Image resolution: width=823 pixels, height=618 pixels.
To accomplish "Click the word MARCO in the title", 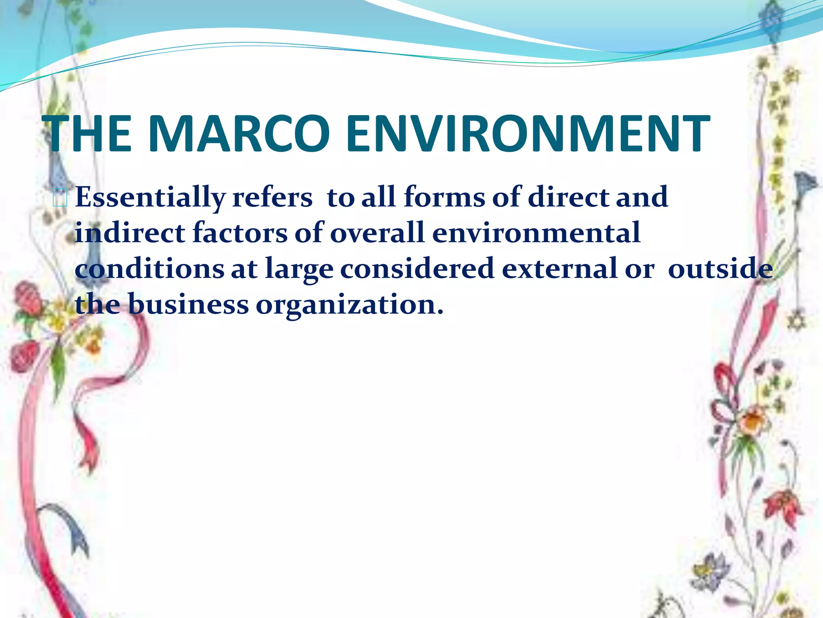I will [239, 134].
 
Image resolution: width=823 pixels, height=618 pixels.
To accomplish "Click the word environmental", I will [536, 233].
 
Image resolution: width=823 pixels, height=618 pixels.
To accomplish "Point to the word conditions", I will [149, 268].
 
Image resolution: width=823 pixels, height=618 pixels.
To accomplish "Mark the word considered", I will [417, 268].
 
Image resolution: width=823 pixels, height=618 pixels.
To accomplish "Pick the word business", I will [189, 304].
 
